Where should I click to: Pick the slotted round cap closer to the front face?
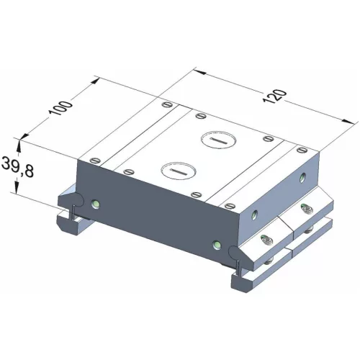coord(176,171)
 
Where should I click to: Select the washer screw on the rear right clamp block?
coord(305,210)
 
